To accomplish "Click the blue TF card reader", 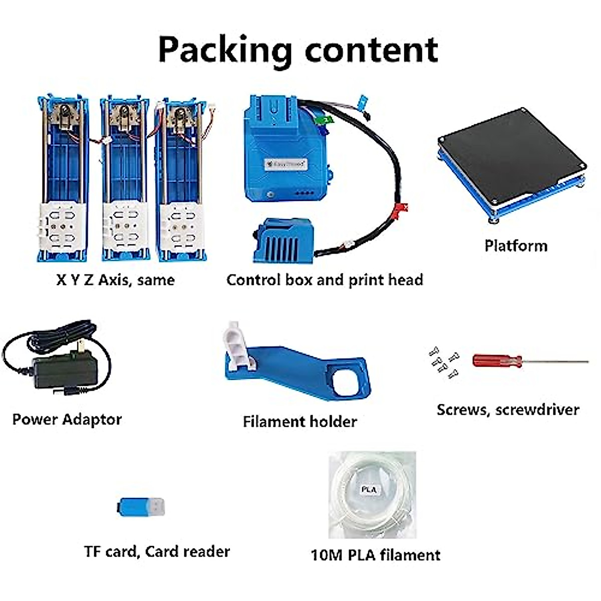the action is click(140, 507).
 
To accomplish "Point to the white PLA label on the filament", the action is click(369, 489).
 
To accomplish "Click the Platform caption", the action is click(515, 245).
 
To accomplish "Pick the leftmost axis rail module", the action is click(62, 178).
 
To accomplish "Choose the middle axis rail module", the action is click(124, 178).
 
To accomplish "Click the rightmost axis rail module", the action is click(181, 178).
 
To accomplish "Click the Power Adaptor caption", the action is click(67, 419).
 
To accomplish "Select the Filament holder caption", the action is click(299, 421).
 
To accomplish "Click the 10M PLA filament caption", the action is click(375, 555).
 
